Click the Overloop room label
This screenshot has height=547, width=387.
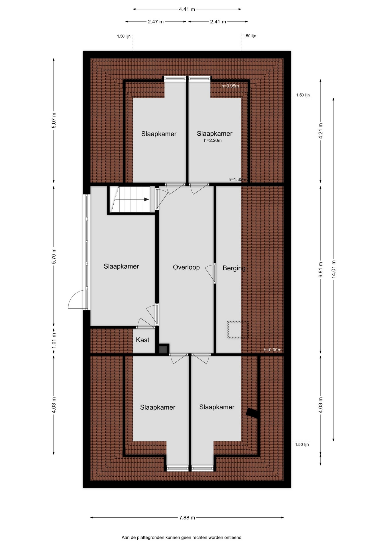[x=186, y=267]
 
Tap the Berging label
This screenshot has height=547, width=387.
[x=234, y=268]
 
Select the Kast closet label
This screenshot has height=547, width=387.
[x=142, y=340]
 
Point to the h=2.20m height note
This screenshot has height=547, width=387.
[x=213, y=140]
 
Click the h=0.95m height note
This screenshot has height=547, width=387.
[x=230, y=86]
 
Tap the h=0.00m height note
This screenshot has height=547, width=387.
[x=272, y=350]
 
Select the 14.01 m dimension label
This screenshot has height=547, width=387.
[x=333, y=269]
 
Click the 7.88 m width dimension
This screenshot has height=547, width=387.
[x=187, y=518]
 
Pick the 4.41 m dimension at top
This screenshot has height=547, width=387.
[x=187, y=9]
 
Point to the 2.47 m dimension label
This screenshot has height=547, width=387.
[x=156, y=22]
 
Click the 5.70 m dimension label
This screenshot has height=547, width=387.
[x=54, y=256]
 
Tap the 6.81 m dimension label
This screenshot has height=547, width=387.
[x=321, y=270]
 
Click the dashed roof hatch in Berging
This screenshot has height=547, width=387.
[x=238, y=330]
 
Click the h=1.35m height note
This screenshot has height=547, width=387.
[x=237, y=179]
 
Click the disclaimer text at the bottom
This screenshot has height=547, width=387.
[x=181, y=538]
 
